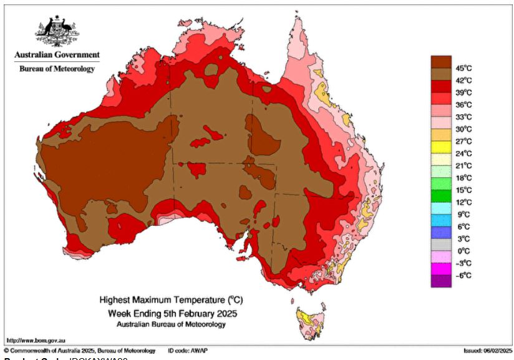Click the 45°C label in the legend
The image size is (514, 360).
pyautogui.click(x=463, y=68)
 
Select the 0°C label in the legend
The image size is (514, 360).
pyautogui.click(x=463, y=251)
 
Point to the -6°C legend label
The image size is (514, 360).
pyautogui.click(x=463, y=275)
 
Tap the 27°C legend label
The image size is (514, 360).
pyautogui.click(x=463, y=141)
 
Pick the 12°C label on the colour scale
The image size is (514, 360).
pyautogui.click(x=463, y=202)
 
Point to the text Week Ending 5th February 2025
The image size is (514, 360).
pyautogui.click(x=173, y=313)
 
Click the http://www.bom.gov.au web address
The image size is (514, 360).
pyautogui.click(x=32, y=341)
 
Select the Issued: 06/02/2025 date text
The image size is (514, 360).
pyautogui.click(x=487, y=351)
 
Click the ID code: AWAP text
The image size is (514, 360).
pyautogui.click(x=188, y=351)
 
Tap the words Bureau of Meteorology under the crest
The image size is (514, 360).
pyautogui.click(x=57, y=69)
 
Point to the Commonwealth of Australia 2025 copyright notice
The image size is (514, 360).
pyautogui.click(x=79, y=351)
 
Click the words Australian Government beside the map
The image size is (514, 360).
pyautogui.click(x=57, y=55)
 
